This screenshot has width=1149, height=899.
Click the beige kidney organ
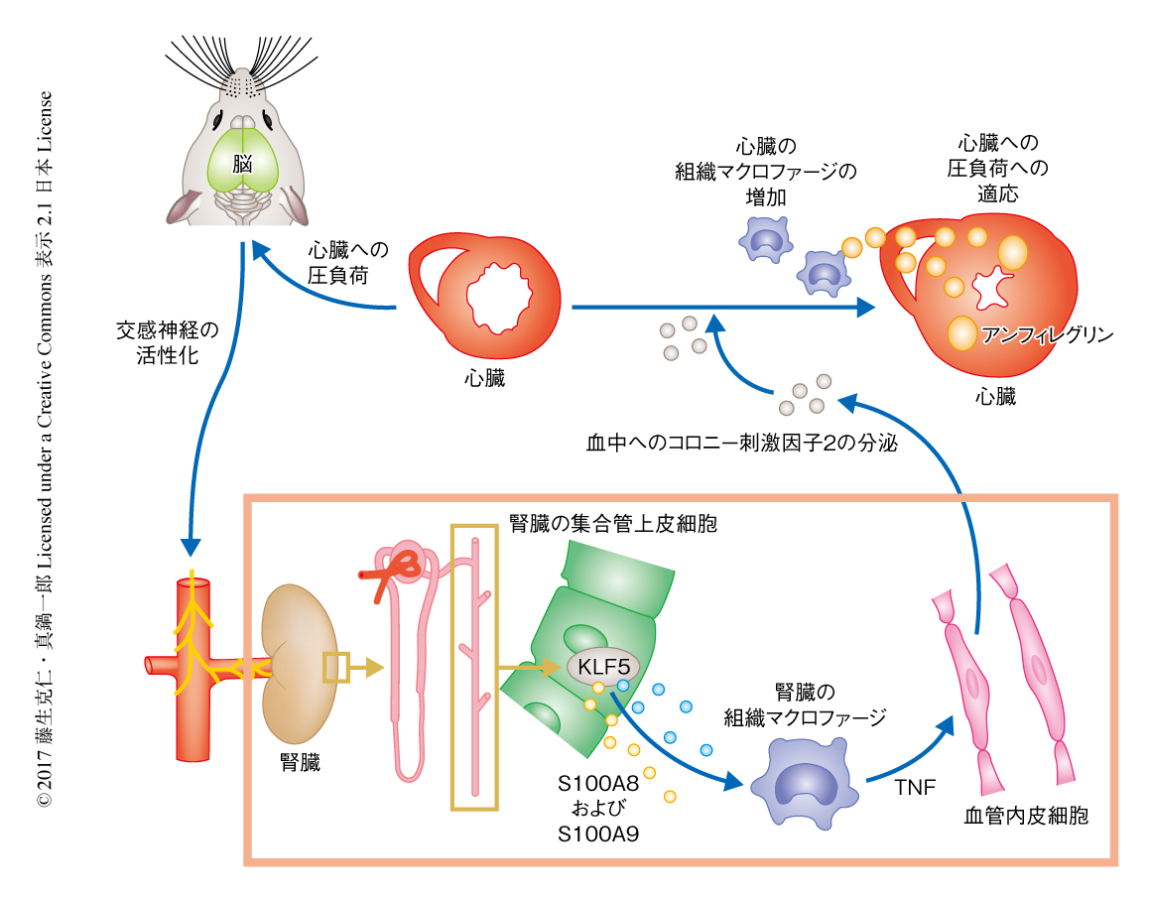[x=299, y=664]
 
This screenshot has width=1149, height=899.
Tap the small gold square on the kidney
[x=336, y=668]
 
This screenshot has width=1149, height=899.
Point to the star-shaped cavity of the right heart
[x=989, y=289]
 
